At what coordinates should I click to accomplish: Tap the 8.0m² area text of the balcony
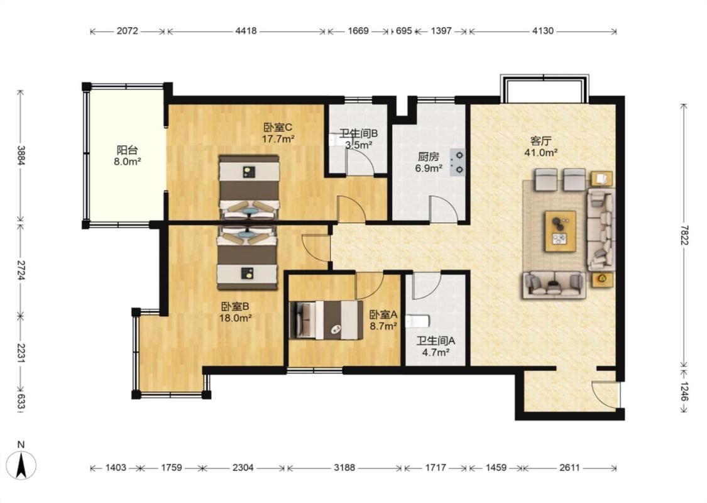(128, 162)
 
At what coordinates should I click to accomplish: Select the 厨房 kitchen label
(428, 157)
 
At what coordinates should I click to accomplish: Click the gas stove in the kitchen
(458, 162)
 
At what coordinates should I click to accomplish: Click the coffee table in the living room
(561, 231)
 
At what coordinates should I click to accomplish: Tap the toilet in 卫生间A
(417, 321)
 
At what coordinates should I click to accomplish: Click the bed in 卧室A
(326, 320)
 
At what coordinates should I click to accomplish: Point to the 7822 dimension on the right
(684, 235)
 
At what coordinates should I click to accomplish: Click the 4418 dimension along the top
(246, 31)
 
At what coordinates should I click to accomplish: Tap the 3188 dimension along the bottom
(344, 468)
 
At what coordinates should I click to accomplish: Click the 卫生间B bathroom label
(358, 133)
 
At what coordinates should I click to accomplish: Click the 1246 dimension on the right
(684, 392)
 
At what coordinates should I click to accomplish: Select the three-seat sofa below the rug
(554, 285)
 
